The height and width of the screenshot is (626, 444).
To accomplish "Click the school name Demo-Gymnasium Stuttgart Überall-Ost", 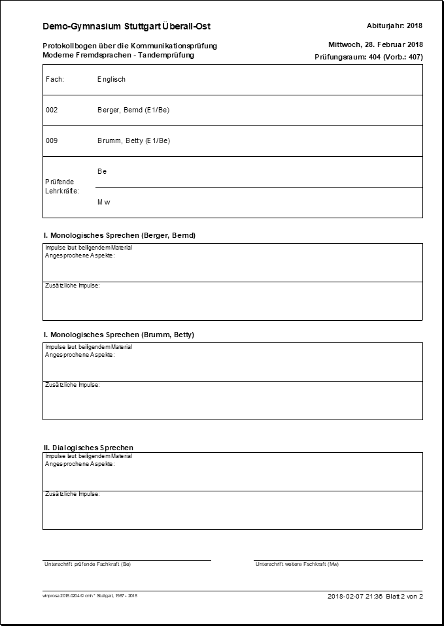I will point(126,26).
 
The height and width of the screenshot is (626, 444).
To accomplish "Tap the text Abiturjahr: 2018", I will point(395,25).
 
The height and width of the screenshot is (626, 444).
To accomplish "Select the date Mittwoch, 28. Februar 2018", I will point(375,44).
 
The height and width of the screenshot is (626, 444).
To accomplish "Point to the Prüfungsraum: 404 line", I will point(368,57).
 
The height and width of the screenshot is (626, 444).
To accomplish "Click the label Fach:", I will point(54,79).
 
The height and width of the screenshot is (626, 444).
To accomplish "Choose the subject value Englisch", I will point(111,79).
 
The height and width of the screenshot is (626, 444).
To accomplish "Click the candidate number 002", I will point(52,110).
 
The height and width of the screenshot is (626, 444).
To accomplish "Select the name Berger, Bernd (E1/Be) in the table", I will point(133,110).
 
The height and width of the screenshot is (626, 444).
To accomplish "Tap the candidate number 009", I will point(52,140).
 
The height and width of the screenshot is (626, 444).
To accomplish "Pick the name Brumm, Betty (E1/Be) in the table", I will point(133,140).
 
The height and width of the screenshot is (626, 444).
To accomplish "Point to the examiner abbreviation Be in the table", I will point(102,171).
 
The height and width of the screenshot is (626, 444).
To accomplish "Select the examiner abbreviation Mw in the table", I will point(103,202).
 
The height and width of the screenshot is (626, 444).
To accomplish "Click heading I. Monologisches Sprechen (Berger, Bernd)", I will point(119,235).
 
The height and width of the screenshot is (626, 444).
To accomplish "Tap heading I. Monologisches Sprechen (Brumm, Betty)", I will point(118,335).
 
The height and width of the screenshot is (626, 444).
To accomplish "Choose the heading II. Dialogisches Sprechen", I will point(88,447).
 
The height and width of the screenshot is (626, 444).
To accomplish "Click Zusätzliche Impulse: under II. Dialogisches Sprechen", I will point(72,494).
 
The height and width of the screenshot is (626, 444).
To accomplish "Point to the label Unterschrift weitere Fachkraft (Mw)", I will point(297,564).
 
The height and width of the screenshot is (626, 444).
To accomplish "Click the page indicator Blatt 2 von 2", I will point(404,596).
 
